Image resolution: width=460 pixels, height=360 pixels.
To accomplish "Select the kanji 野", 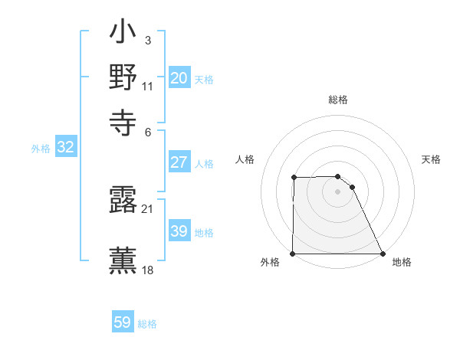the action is pyautogui.click(x=123, y=78).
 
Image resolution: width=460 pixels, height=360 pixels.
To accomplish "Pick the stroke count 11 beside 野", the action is pyautogui.click(x=148, y=86).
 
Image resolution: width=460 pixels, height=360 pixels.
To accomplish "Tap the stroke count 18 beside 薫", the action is pyautogui.click(x=148, y=270).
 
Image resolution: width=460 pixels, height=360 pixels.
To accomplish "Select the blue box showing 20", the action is pyautogui.click(x=179, y=78).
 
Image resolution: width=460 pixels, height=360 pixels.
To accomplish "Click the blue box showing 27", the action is pyautogui.click(x=179, y=162).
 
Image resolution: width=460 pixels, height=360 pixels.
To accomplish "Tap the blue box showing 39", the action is pyautogui.click(x=179, y=231).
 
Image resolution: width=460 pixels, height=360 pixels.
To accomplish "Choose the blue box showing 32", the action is pyautogui.click(x=66, y=148).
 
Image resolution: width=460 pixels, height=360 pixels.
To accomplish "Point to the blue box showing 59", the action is pyautogui.click(x=123, y=322).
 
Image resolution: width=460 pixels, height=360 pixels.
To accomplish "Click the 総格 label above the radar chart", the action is pyautogui.click(x=338, y=100).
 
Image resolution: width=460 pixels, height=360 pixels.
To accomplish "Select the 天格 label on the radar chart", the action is pyautogui.click(x=432, y=159).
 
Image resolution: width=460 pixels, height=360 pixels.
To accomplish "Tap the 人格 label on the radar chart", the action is pyautogui.click(x=245, y=159).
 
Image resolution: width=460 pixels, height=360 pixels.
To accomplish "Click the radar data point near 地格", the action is pyautogui.click(x=383, y=254).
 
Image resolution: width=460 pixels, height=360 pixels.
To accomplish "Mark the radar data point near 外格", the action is pyautogui.click(x=293, y=254).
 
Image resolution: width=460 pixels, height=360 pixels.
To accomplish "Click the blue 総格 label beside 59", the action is pyautogui.click(x=147, y=324).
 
